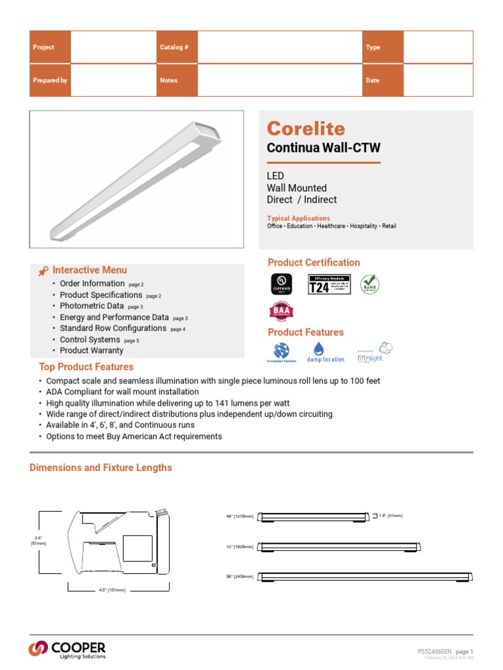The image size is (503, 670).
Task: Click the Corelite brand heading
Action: pos(305,129)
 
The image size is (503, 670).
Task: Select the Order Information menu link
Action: pos(92,283)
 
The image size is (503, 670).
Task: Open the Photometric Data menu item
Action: pos(92,306)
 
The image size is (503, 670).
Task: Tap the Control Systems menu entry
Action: pos(90,340)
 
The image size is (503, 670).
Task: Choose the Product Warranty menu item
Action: pos(91,351)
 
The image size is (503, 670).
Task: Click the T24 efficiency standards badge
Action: pos(329,284)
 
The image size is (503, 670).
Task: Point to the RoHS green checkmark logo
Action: pos(369,284)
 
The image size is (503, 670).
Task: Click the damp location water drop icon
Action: pos(320,349)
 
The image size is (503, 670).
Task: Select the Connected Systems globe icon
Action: pos(281,349)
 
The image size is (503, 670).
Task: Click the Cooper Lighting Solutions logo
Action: pos(67,648)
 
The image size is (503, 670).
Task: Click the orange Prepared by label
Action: pos(50,80)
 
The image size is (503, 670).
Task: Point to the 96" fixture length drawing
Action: pos(365,576)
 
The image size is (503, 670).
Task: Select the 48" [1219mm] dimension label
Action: pos(239,516)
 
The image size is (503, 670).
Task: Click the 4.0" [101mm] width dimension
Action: pos(112,590)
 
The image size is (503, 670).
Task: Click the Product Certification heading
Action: pos(314,262)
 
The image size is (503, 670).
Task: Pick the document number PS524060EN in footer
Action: pos(434,652)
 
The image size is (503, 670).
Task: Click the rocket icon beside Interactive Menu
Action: pos(43,271)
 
